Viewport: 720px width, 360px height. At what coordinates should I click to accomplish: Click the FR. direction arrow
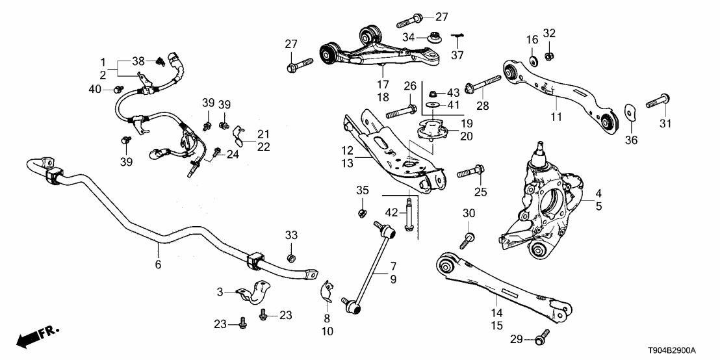point(35,337)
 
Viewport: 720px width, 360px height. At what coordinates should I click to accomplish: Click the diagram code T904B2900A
point(680,350)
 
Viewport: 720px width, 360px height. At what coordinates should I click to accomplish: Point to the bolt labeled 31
point(658,101)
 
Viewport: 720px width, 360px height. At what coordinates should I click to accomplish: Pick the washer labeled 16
point(532,62)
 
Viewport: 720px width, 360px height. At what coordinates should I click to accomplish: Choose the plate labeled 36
point(630,114)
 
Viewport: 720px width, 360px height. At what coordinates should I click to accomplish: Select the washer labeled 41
point(431,105)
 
